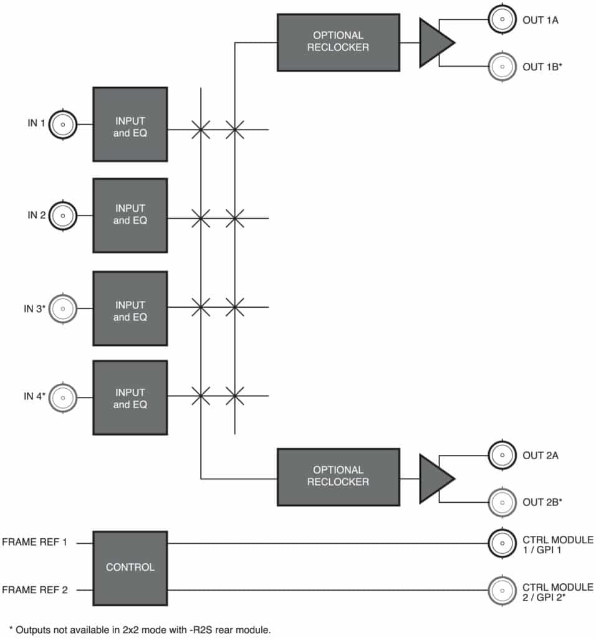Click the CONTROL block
tap(130, 568)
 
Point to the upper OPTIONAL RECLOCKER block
tap(339, 43)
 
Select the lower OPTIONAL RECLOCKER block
tap(339, 477)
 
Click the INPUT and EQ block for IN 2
tap(130, 216)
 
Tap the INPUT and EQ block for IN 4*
tap(130, 398)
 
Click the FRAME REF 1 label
tap(34, 543)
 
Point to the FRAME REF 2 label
tap(35, 590)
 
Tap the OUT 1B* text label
tap(542, 67)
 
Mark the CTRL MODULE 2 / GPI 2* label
tap(558, 593)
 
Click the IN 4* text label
tap(35, 396)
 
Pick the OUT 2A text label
tap(541, 455)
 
